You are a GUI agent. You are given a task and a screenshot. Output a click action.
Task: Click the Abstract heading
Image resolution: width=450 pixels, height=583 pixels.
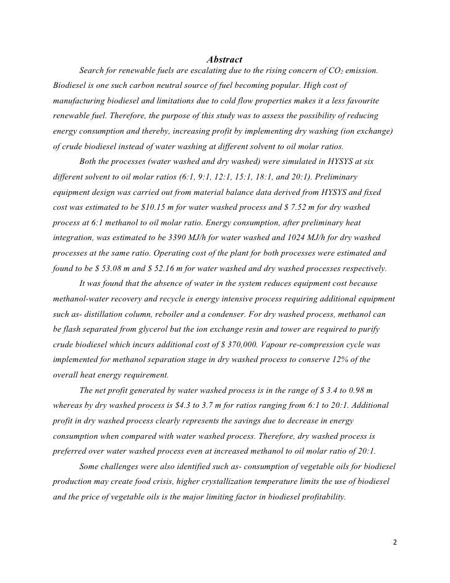(224, 59)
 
